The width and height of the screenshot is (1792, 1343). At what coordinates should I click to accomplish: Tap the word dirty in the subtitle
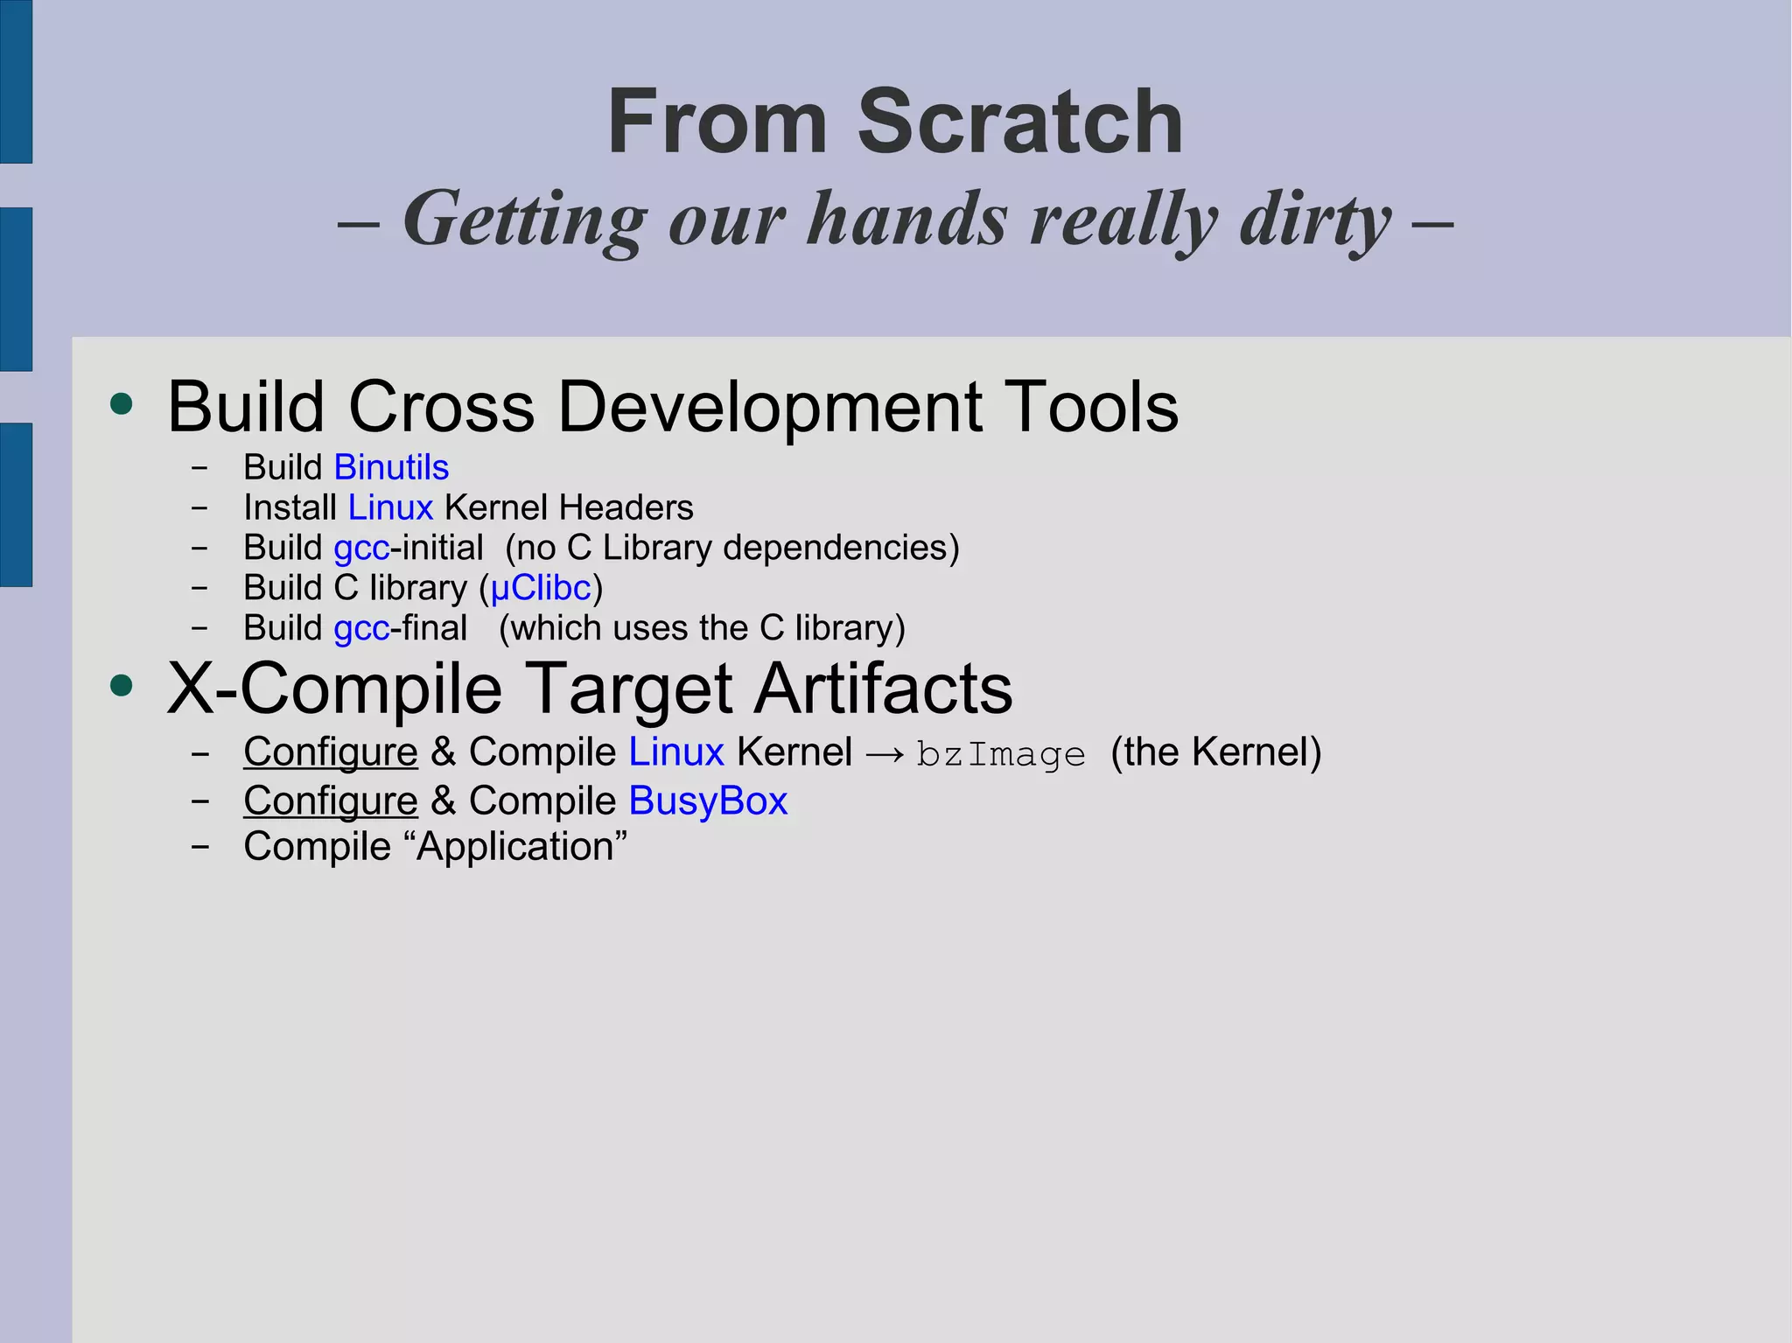pos(1315,220)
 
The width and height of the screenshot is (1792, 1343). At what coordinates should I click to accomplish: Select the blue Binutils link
pos(391,468)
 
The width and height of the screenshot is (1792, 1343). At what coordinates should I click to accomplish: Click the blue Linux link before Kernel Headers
pos(390,508)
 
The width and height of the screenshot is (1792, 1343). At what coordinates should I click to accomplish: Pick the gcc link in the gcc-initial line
pos(361,549)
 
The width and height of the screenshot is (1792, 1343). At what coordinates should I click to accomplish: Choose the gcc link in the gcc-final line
pos(361,629)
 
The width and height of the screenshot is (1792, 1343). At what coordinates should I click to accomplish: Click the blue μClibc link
pos(541,589)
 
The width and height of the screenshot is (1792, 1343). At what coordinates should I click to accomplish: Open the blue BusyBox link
pos(708,801)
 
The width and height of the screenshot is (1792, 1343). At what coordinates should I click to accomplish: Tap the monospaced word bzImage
pos(1000,754)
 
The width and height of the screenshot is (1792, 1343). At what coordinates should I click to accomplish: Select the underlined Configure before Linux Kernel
pos(331,752)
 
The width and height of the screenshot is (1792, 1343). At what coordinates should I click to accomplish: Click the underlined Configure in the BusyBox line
pos(331,801)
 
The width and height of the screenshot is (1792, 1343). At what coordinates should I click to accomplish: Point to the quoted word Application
pos(522,847)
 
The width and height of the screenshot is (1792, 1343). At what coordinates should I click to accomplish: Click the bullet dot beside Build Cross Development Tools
pos(122,404)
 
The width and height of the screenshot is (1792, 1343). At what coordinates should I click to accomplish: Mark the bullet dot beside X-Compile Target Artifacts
pos(122,686)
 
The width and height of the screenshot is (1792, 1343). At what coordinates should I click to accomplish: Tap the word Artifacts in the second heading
pos(883,689)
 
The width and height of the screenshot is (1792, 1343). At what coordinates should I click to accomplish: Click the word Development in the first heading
pos(769,408)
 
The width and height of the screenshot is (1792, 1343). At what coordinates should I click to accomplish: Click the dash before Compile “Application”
pos(200,847)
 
